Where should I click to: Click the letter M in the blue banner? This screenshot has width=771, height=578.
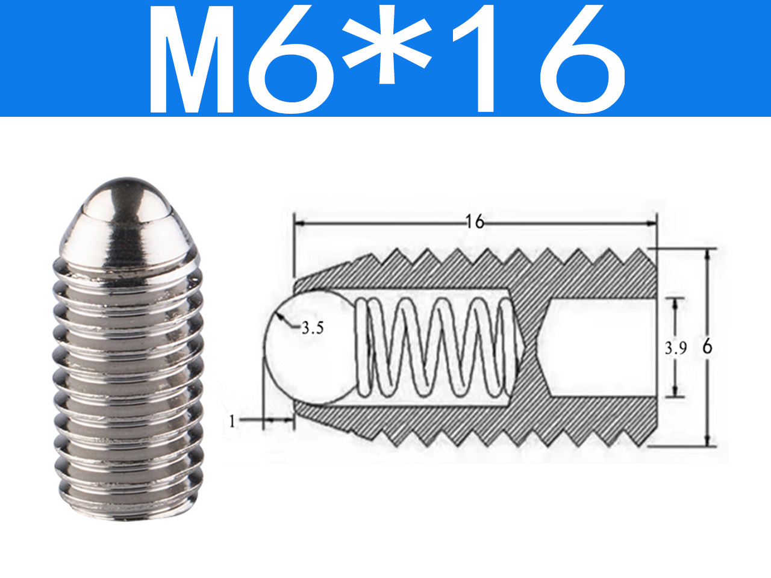192,58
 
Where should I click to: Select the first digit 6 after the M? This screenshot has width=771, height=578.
290,59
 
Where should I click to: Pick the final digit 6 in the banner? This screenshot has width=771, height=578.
582,59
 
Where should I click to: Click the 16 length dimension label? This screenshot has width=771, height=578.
475,222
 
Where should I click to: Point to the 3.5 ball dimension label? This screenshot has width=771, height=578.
313,328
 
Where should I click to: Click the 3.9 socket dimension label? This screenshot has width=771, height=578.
675,348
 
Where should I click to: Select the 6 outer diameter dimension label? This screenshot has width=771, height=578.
707,347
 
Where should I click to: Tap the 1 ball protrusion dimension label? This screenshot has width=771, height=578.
232,421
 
